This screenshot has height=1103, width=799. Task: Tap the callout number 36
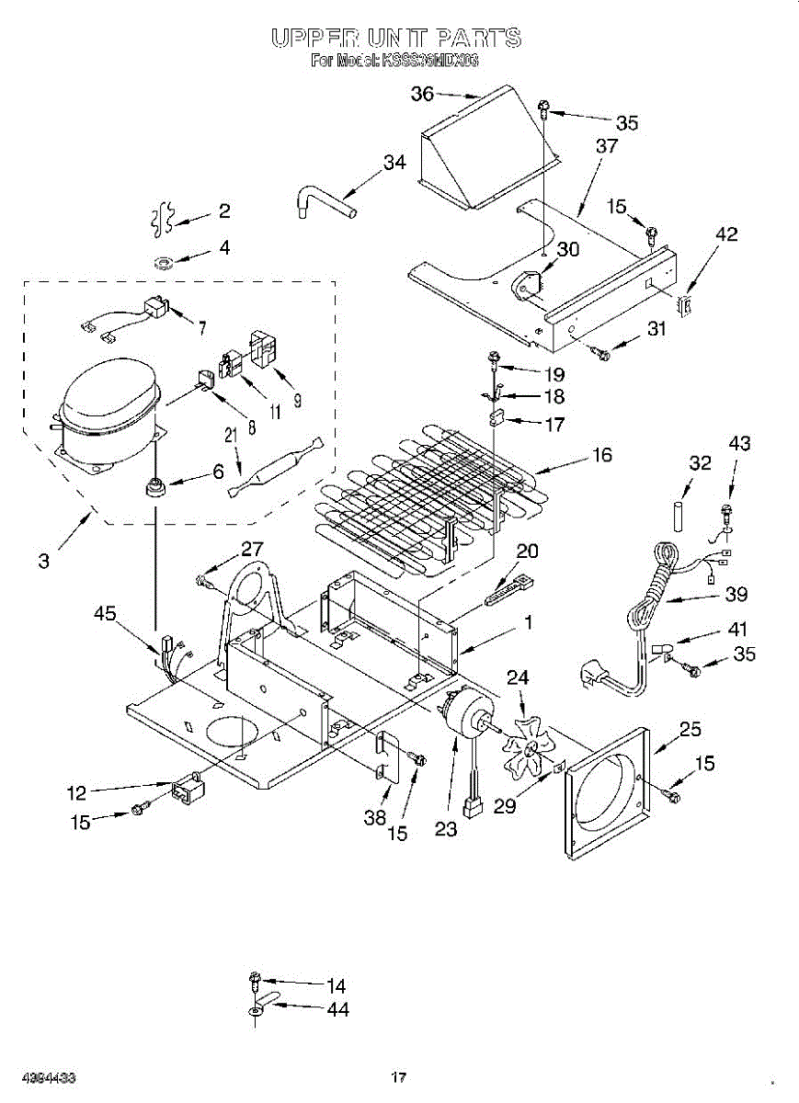(422, 93)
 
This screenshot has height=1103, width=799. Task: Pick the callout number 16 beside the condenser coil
(602, 455)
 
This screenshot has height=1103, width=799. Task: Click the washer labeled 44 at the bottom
(257, 1010)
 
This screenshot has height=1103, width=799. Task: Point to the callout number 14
(337, 986)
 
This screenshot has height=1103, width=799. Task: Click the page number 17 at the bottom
(398, 1077)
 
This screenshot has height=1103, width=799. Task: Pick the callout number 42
(725, 234)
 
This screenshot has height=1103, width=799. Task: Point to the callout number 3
(43, 559)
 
